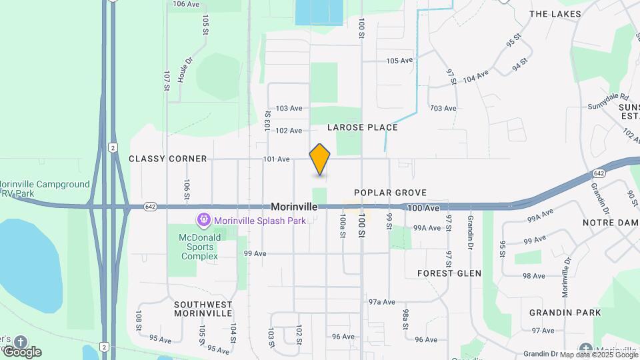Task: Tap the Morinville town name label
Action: pos(294,207)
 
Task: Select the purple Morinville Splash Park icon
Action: pos(203,219)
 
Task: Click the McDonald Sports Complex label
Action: pos(198,247)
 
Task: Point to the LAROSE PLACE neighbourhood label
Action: pos(363,127)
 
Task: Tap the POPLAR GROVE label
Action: pos(390,193)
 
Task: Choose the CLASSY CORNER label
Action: pos(168,159)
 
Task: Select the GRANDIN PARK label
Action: pos(565,313)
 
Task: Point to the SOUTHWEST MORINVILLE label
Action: pos(203,309)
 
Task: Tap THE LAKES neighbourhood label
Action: pos(555,14)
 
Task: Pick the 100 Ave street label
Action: pos(423,209)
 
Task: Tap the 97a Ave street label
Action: pos(382,302)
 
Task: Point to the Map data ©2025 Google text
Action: pos(598,355)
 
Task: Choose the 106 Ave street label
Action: pos(186,4)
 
